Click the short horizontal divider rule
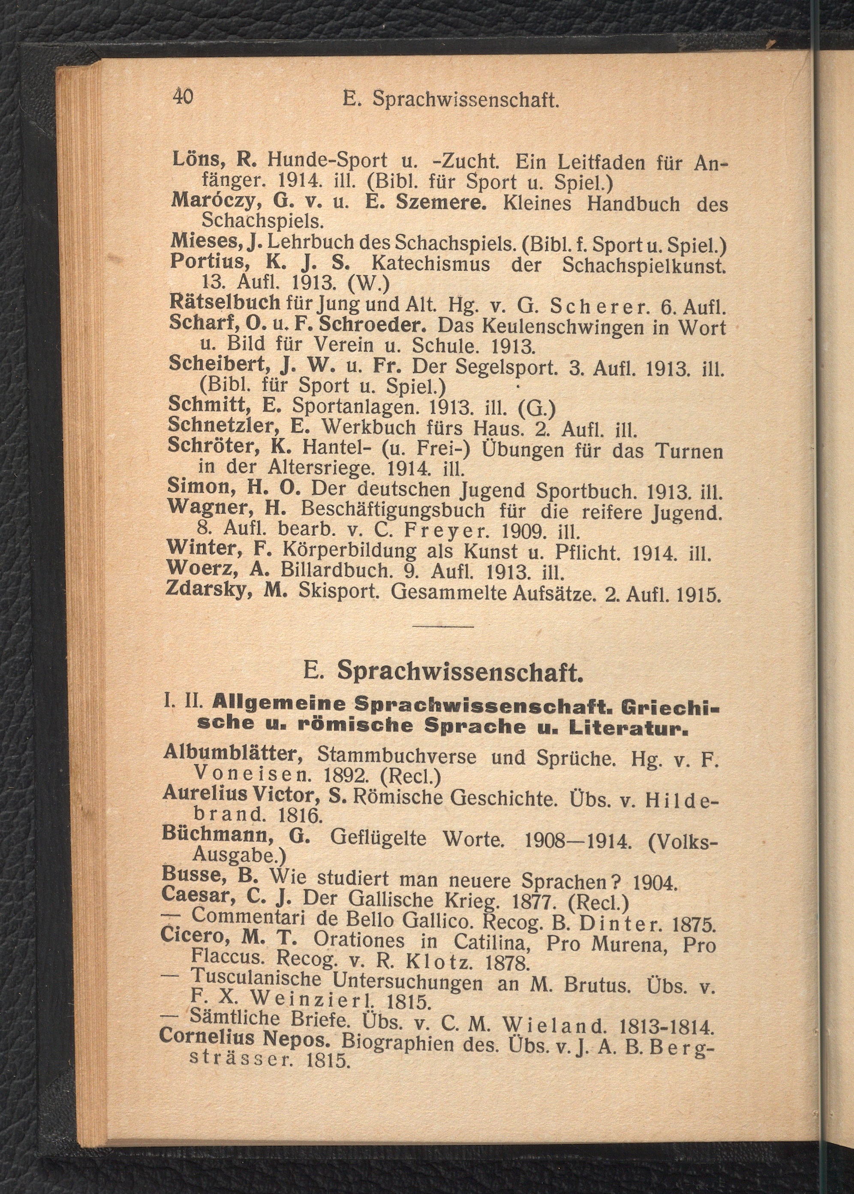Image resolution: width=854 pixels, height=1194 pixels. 443,626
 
